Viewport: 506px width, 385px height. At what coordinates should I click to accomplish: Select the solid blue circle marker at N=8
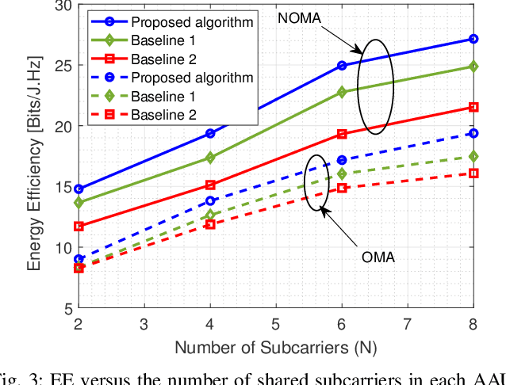tap(473, 39)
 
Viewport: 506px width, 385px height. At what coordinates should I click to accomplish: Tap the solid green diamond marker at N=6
tap(342, 92)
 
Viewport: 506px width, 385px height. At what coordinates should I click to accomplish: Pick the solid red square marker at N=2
tap(79, 227)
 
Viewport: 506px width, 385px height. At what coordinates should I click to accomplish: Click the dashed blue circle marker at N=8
tap(473, 133)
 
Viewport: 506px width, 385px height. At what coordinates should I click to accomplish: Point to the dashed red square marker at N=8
tap(473, 173)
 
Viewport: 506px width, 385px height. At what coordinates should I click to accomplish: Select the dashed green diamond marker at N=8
tap(473, 156)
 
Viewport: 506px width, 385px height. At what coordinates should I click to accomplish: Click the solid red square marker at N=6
tap(342, 134)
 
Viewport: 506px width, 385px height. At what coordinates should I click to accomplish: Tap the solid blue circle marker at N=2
tap(79, 189)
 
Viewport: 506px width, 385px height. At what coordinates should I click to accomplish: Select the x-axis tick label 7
tap(408, 324)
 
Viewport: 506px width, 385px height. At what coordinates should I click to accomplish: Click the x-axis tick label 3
tap(144, 324)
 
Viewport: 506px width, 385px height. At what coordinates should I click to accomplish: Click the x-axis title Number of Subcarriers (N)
tap(275, 347)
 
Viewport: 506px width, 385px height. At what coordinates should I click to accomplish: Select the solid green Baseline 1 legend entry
tap(159, 39)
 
